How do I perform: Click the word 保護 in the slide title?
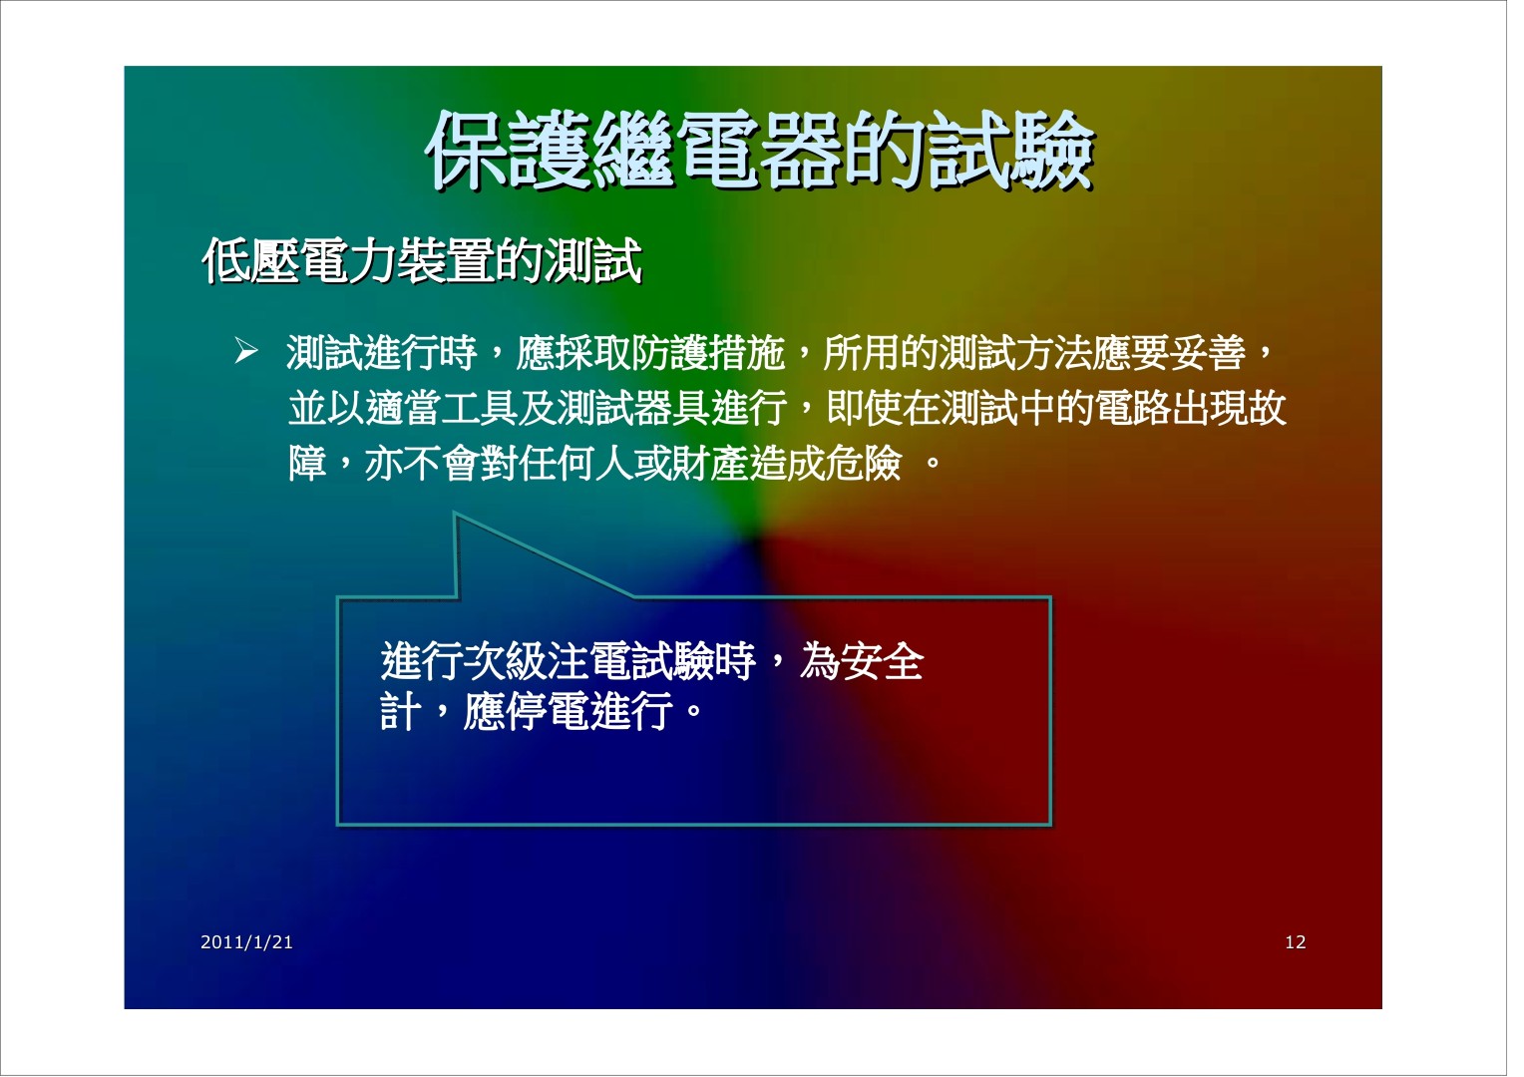coord(509,151)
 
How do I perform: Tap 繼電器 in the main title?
coord(716,151)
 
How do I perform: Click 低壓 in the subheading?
coord(251,260)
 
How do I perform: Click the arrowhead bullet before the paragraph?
coord(247,352)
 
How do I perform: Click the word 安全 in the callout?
coord(883,662)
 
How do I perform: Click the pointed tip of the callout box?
coord(456,514)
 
